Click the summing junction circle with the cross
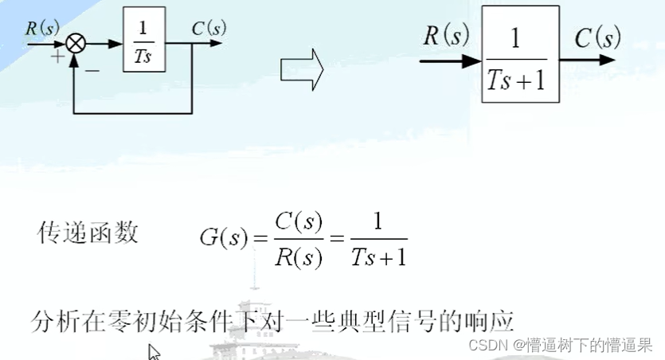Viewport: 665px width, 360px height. pyautogui.click(x=75, y=43)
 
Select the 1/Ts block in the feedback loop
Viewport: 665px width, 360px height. pyautogui.click(x=143, y=41)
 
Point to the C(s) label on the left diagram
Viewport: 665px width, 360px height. pyautogui.click(x=209, y=28)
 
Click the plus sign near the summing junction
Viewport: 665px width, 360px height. pyautogui.click(x=57, y=56)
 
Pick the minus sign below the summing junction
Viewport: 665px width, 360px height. pyautogui.click(x=92, y=69)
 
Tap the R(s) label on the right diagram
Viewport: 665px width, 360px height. pyautogui.click(x=444, y=37)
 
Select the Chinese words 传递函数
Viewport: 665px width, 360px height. pyautogui.click(x=88, y=233)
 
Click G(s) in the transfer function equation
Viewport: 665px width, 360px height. pyautogui.click(x=224, y=238)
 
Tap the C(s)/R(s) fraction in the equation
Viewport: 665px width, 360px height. pyautogui.click(x=299, y=238)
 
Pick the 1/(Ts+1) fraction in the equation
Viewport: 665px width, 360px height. pyautogui.click(x=377, y=238)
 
